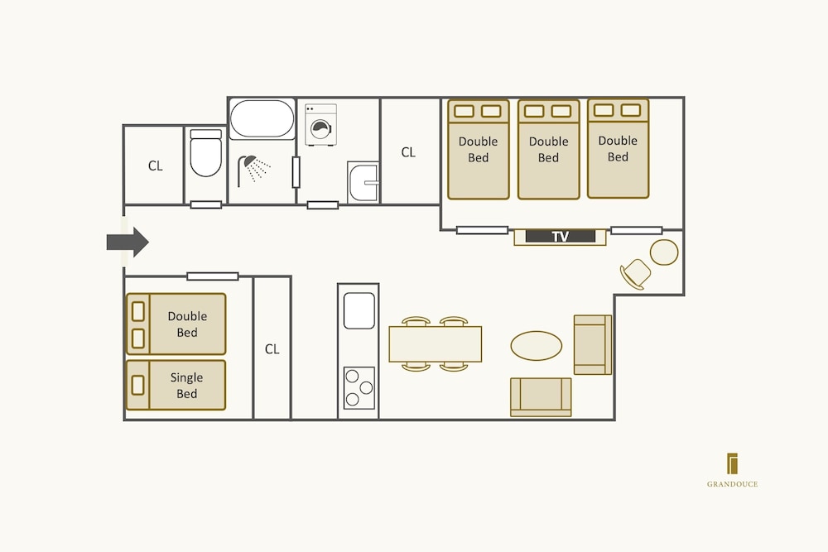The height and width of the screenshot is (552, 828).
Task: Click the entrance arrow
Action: (128, 242)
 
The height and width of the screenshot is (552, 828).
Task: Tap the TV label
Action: (561, 237)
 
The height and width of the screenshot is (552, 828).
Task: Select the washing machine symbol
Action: (320, 124)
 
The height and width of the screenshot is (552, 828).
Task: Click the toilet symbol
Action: (205, 152)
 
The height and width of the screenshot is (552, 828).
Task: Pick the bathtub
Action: (262, 119)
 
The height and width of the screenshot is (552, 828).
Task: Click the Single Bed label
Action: (186, 385)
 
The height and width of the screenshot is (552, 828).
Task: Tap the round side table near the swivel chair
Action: (664, 252)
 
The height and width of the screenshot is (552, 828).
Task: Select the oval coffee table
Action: (536, 346)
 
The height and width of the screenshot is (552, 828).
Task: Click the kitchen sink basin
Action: (359, 311)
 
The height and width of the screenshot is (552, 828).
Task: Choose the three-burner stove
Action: (359, 388)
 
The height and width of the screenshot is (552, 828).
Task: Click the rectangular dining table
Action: (436, 344)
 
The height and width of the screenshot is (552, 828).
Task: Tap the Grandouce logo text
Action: (732, 484)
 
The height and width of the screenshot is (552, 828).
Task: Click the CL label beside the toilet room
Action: (156, 166)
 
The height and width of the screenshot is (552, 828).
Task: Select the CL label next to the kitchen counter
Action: (272, 348)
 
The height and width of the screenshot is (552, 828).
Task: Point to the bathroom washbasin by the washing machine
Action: (363, 183)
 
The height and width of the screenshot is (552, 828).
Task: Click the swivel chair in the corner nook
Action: (636, 274)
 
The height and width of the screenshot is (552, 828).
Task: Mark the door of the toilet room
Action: (206, 204)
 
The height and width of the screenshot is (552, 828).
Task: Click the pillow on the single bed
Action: (137, 385)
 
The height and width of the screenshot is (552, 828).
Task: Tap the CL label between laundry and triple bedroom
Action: (408, 152)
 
